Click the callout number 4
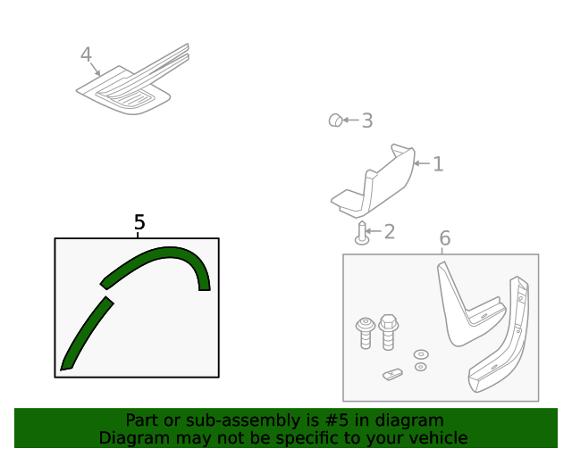(86, 54)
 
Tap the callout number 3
(366, 120)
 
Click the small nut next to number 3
(335, 120)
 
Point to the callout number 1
(438, 163)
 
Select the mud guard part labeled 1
(375, 183)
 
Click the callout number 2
(389, 232)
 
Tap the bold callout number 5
(139, 222)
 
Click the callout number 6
(444, 238)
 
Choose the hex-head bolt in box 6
(389, 333)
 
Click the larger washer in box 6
(421, 354)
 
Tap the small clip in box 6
(392, 374)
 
